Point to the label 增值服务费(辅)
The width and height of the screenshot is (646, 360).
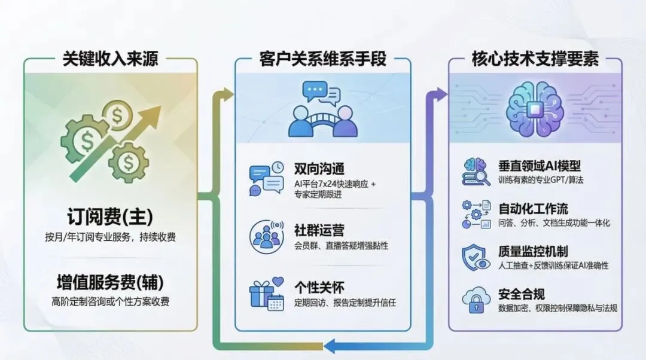pyautogui.click(x=110, y=282)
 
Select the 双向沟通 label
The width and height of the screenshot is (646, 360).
pyautogui.click(x=319, y=168)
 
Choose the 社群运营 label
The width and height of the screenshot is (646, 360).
pyautogui.click(x=319, y=230)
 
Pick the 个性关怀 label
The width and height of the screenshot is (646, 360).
pyautogui.click(x=319, y=288)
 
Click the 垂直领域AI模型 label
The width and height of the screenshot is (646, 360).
pyautogui.click(x=539, y=166)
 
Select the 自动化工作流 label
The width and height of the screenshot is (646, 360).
pyautogui.click(x=533, y=209)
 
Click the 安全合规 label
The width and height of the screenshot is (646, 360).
pyautogui.click(x=521, y=294)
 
